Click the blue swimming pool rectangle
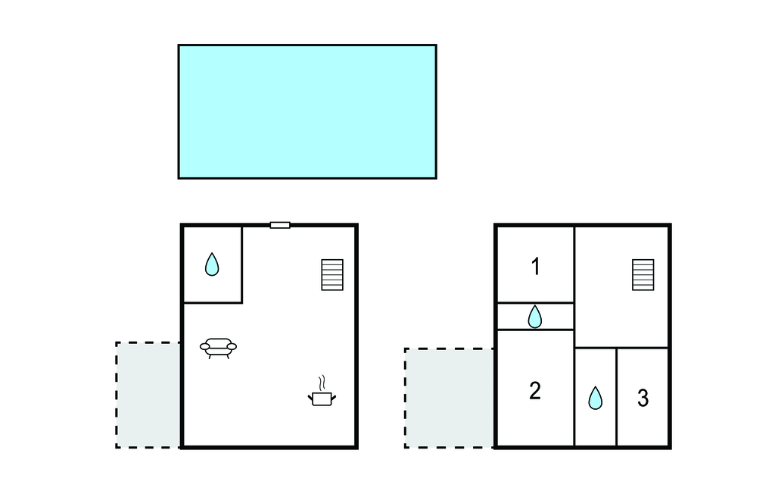tap(307, 111)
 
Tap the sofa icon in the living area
tap(218, 348)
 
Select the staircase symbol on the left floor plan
tap(332, 275)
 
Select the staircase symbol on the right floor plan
tap(643, 275)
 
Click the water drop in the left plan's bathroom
tap(212, 264)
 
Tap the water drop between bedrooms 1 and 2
tap(535, 317)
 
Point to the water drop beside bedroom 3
tap(596, 398)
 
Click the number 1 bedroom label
tap(536, 266)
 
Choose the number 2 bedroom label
tap(535, 390)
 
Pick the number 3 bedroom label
tap(643, 398)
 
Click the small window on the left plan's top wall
tap(280, 225)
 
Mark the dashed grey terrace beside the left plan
tap(148, 395)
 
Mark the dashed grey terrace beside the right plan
tap(450, 398)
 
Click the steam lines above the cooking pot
tap(322, 383)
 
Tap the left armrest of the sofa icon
tap(204, 346)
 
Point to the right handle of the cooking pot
tap(334, 398)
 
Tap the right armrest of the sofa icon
tap(232, 346)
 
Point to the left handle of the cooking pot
tap(310, 398)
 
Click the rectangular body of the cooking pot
tap(322, 399)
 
